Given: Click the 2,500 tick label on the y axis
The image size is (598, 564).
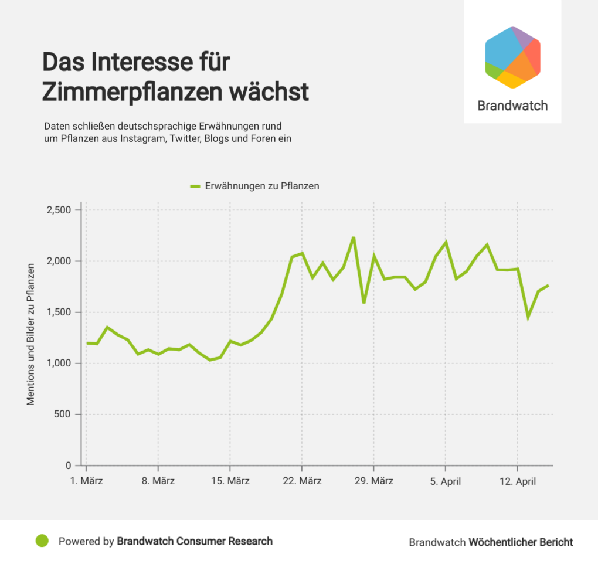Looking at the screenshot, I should pos(58,210).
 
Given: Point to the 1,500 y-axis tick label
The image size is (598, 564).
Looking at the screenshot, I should pos(58,312).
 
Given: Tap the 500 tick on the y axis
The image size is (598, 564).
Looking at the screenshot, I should pos(63,414).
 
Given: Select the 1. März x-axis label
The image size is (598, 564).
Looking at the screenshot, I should pos(86,481).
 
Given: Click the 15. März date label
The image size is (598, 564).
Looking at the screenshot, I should pos(230,481).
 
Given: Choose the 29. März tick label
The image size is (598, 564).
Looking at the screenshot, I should pos(373,481).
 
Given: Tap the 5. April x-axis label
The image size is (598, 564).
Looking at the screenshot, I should pos(445,481).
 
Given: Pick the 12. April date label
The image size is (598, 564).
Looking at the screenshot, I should pos(517,481).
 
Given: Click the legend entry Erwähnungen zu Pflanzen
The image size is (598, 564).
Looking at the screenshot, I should pos(261,186).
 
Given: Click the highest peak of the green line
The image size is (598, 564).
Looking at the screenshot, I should pos(354,237).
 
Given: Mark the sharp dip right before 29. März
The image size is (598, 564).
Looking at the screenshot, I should pos(364,303).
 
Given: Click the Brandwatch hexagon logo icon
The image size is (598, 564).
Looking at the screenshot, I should pos(512,57).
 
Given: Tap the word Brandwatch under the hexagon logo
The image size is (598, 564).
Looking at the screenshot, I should pos(512,106).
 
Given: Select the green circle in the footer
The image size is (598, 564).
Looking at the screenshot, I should pos(41,541).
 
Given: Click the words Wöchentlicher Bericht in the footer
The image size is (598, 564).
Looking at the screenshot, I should pos(521,542).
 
